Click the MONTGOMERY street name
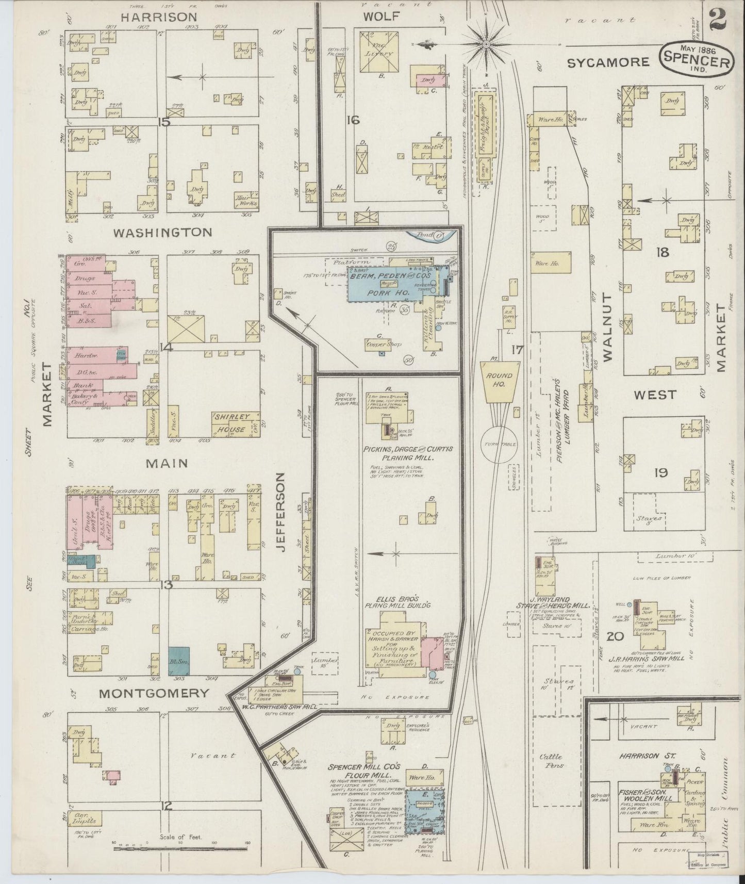[x=155, y=693]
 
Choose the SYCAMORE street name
[x=608, y=62]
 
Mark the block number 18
[x=662, y=252]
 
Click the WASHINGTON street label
[x=162, y=232]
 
